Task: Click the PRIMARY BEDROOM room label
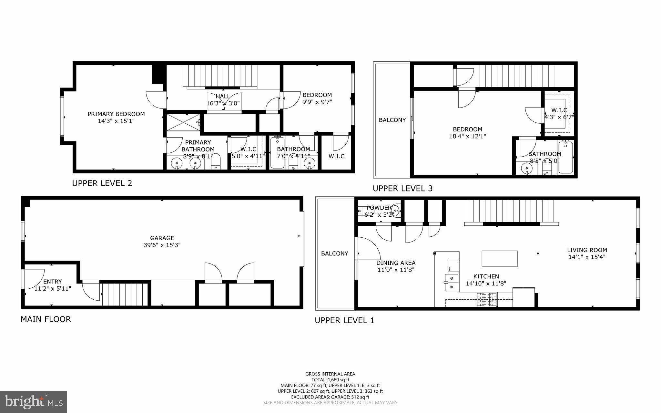tap(116, 114)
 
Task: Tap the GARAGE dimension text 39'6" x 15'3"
tap(162, 245)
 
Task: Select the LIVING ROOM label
tap(587, 250)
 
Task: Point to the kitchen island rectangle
tap(500, 258)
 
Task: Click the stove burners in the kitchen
tap(486, 299)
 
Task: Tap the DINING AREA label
tap(396, 263)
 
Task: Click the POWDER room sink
tap(395, 212)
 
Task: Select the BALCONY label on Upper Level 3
tap(392, 120)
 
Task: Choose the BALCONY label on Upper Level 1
tap(334, 253)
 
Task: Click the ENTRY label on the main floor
tap(53, 282)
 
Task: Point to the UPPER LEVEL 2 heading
tap(102, 183)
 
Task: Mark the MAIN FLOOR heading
tap(46, 319)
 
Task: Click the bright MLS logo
tap(34, 402)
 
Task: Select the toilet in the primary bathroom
tap(215, 162)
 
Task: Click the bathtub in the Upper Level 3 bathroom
tap(565, 157)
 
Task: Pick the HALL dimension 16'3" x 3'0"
tap(223, 103)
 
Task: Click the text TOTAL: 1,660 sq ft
tap(330, 380)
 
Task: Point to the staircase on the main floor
tap(125, 294)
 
